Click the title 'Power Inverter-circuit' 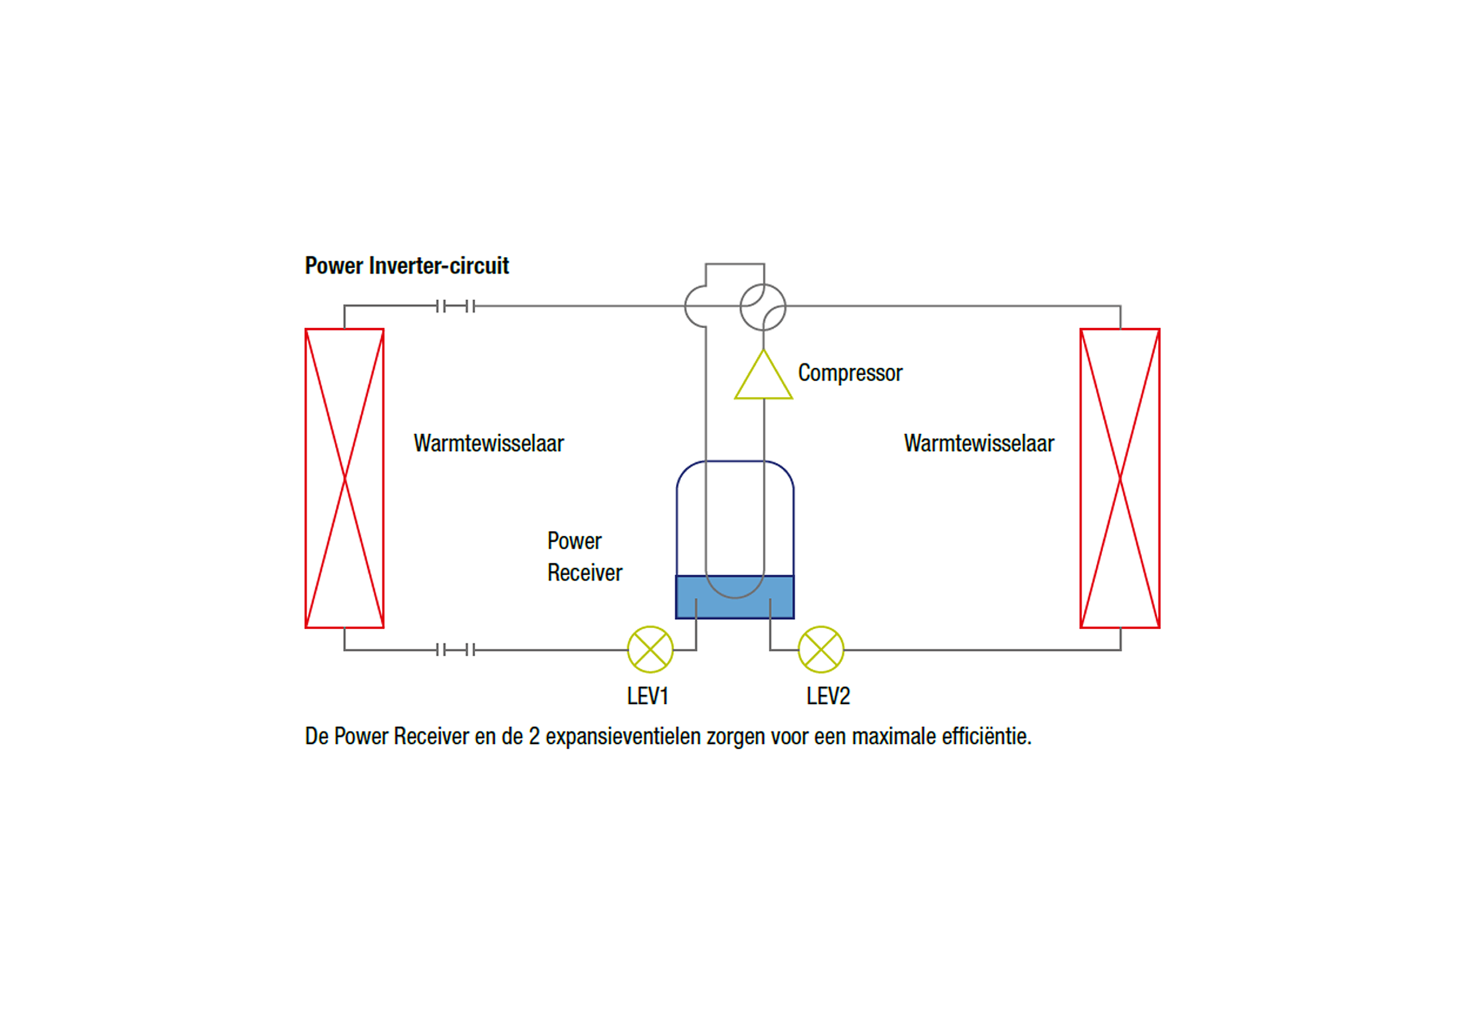407,265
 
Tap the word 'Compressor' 850,373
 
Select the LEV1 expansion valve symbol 650,649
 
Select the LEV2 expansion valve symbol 821,649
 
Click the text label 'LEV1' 647,696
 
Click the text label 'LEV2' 828,696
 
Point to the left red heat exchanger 344,478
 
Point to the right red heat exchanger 1120,478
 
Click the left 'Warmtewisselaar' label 488,443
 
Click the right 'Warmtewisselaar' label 979,443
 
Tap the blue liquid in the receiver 734,606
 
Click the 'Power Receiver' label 584,556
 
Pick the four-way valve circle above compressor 763,307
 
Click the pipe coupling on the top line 455,307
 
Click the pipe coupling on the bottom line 455,650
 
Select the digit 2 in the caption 534,737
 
